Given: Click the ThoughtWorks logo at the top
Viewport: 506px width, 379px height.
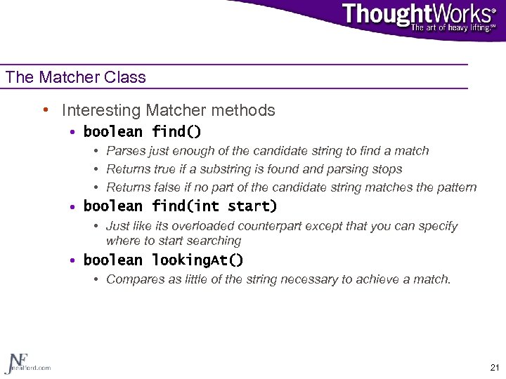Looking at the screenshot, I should pos(419,15).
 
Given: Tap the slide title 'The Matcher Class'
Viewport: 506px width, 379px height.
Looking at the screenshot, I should pos(76,77).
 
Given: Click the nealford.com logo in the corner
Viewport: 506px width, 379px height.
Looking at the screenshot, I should pos(27,362).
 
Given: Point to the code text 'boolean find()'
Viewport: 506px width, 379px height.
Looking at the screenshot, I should pos(142,132).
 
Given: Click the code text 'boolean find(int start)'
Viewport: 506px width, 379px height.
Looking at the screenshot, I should pos(180,206).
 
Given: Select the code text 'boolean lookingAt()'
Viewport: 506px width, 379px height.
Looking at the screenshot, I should pos(163,260).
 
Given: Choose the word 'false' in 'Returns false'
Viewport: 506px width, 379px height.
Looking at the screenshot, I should pos(164,187).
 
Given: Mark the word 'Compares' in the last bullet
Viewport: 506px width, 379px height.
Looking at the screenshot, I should pos(132,279).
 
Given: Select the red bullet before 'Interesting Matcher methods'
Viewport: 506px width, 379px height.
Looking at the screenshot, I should pos(45,110).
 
